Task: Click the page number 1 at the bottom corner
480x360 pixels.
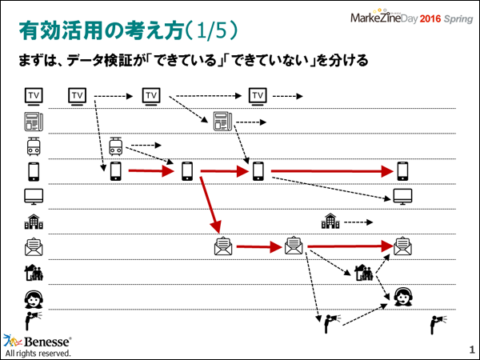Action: tap(471, 350)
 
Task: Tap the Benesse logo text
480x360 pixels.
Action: tap(45, 340)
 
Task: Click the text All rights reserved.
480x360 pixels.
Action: tap(38, 353)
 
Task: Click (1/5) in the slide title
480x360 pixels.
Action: tap(210, 31)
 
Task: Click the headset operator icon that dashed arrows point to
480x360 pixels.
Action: tap(402, 298)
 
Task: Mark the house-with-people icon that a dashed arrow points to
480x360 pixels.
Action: tap(364, 273)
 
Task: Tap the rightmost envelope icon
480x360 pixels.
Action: tap(402, 246)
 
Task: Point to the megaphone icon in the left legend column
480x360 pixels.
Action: tap(33, 322)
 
